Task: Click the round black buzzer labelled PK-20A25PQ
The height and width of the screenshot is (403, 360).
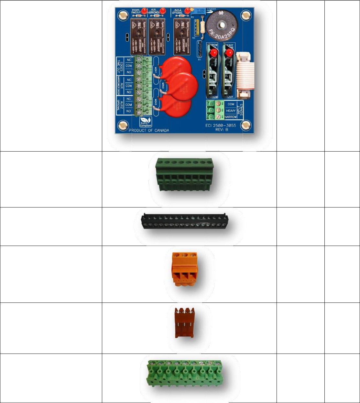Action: (x=222, y=26)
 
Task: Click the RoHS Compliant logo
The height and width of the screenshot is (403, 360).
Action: (x=146, y=122)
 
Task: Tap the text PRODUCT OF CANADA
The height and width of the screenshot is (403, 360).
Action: (x=149, y=131)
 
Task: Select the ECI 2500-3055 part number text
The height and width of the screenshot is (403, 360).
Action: (x=221, y=125)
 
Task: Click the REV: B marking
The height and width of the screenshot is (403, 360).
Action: (x=222, y=130)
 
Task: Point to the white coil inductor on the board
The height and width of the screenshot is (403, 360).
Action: (x=245, y=75)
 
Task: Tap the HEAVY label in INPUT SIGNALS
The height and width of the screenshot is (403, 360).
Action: (x=231, y=111)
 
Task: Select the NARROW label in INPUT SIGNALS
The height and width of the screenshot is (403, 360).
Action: (x=231, y=117)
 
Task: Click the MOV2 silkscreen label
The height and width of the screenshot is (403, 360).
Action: (x=163, y=86)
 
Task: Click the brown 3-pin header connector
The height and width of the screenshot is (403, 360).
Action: (x=184, y=323)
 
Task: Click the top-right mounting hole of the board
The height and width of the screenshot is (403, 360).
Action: (x=246, y=15)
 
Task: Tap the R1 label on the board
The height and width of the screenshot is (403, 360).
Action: (x=200, y=60)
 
